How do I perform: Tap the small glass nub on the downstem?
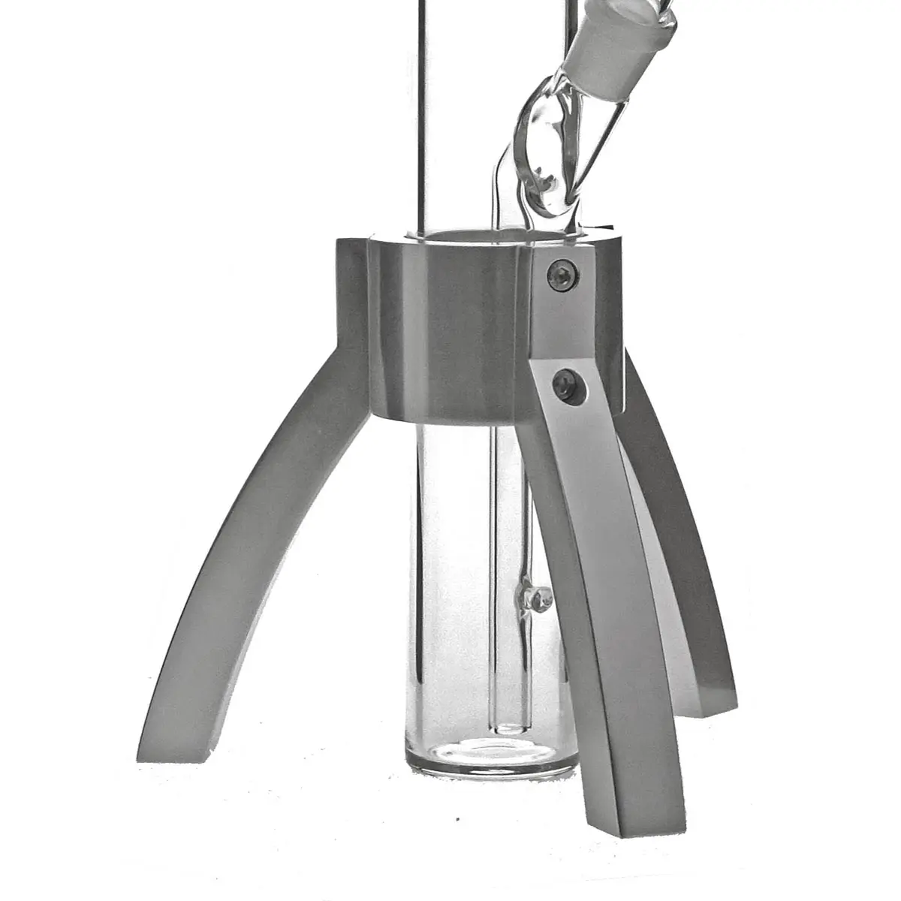(x=538, y=598)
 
